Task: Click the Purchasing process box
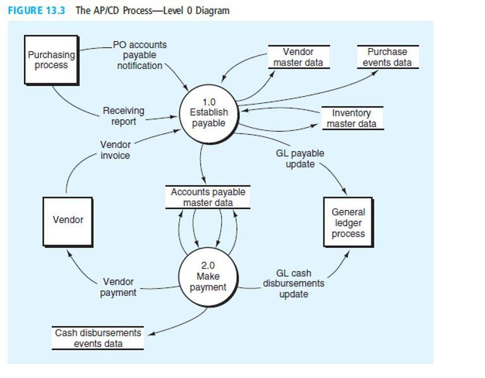point(51,59)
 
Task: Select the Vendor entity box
point(68,220)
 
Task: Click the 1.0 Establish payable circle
point(208,113)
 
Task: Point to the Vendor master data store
point(297,57)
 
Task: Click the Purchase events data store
point(387,57)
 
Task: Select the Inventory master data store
point(351,118)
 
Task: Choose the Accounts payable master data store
point(208,197)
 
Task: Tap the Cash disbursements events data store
point(98,338)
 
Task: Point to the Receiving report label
point(123,116)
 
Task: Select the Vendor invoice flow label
point(115,150)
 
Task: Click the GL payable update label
point(299,159)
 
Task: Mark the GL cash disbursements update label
point(294,283)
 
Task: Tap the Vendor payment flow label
point(118,287)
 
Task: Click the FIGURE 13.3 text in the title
point(37,11)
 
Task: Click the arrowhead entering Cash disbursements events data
point(150,333)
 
